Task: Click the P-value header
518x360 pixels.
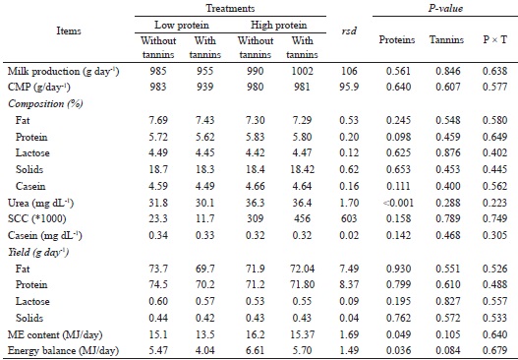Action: pyautogui.click(x=448, y=8)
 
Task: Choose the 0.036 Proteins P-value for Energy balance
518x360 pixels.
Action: pyautogui.click(x=403, y=348)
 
